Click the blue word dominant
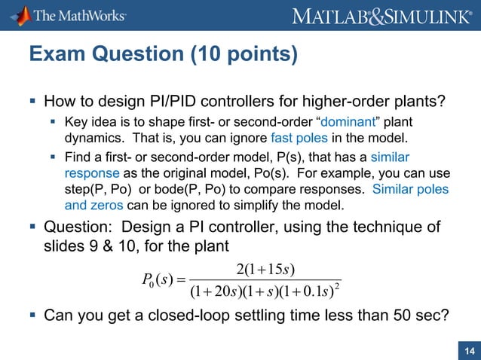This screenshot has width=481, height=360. [x=320, y=121]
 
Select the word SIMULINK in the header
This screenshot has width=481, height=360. [x=425, y=15]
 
